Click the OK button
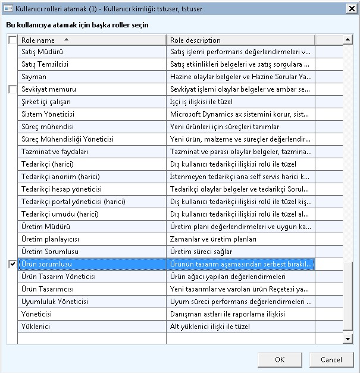click(280, 359)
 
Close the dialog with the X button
click(351, 9)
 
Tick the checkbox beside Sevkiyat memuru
click(12, 89)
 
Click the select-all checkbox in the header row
click(12, 40)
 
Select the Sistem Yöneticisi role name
click(48, 114)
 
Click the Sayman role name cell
click(34, 77)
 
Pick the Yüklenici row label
click(36, 327)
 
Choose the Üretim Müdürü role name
click(46, 227)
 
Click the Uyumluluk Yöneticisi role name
click(54, 302)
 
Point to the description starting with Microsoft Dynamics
click(239, 114)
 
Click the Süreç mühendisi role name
click(48, 127)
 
